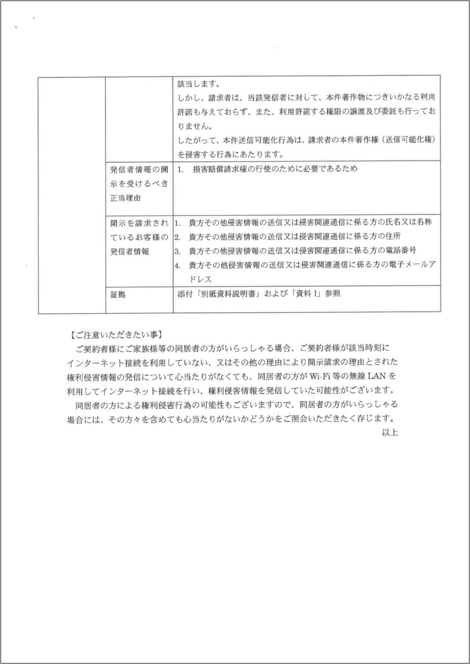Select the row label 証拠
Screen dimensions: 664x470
click(118, 295)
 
